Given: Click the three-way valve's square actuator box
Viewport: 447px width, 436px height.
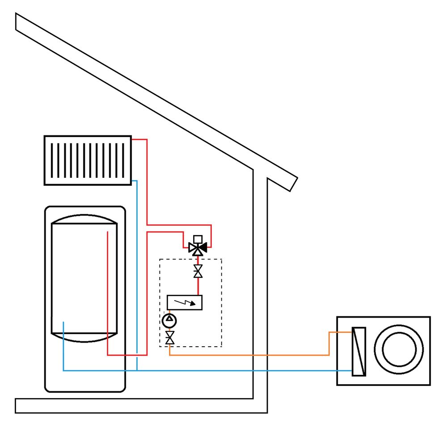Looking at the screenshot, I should [198, 239].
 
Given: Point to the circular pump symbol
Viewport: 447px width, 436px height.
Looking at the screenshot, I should [170, 319].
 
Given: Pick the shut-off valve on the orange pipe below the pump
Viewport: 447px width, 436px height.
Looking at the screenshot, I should [170, 338].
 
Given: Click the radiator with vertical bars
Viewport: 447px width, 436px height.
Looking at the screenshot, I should [88, 160].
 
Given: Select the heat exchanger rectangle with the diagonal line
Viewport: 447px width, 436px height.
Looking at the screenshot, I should [358, 351].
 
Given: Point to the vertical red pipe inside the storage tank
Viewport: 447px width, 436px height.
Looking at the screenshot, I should [108, 290].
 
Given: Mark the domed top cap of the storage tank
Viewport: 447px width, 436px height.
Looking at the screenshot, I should [84, 219].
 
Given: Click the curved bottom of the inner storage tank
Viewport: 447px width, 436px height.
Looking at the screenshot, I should [84, 338].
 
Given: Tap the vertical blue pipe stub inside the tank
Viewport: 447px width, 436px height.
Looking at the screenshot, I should [63, 344].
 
